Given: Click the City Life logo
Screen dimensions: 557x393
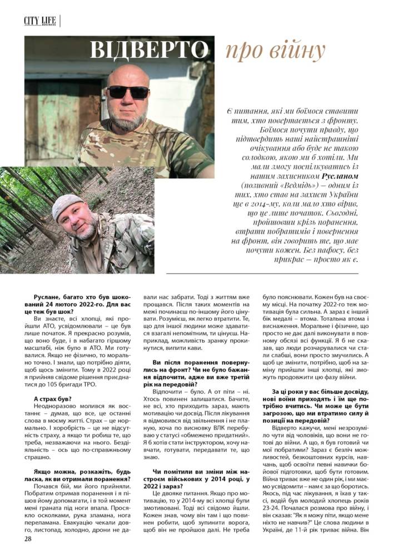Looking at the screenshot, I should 41,21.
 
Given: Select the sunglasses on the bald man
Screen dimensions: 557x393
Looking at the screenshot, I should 128,91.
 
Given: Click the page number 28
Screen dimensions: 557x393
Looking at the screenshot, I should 28,539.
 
